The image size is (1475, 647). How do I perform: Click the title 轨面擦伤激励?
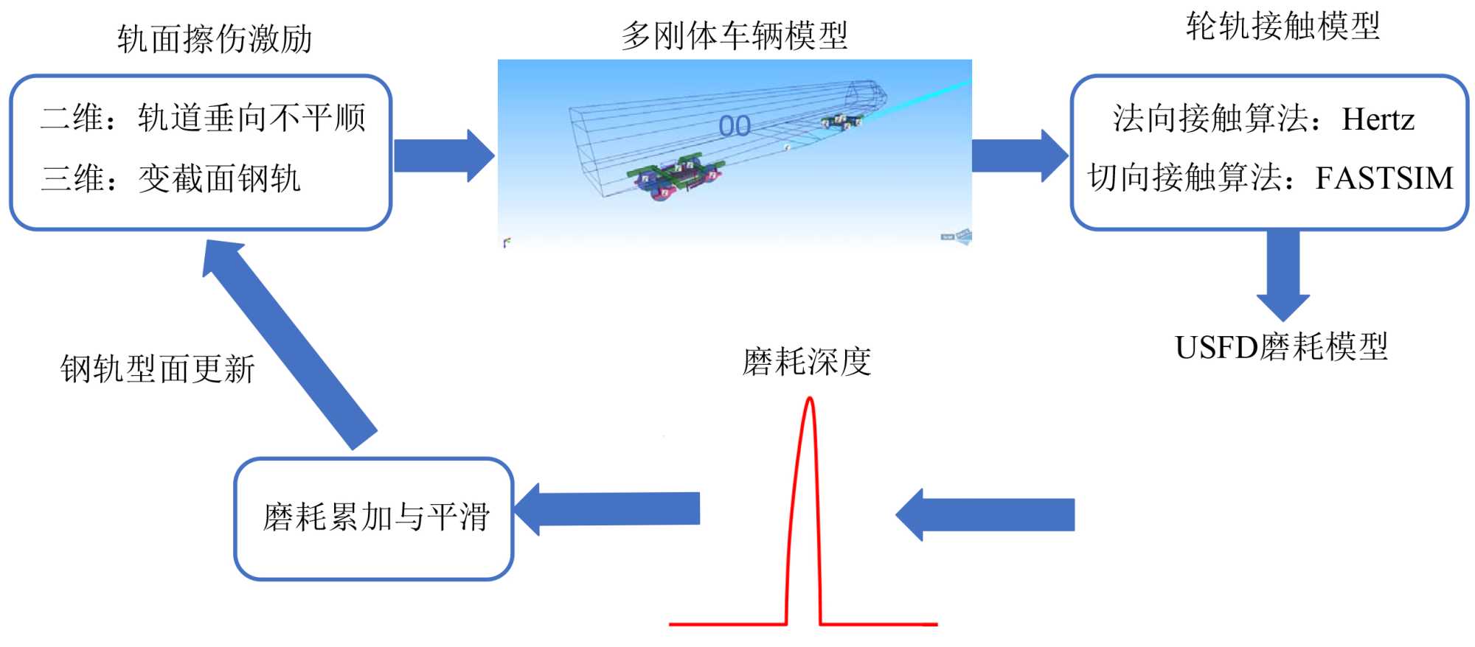coord(215,39)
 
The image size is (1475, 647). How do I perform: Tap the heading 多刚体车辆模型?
coord(734,35)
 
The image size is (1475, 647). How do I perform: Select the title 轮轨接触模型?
coord(1283,27)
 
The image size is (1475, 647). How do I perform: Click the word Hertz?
coord(1378,119)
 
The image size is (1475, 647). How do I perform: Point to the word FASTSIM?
coord(1384,178)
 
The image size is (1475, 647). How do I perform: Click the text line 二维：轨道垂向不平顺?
coord(203,118)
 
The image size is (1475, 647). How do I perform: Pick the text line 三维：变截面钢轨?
coord(171,178)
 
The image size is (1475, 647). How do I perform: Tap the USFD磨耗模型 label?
coord(1281,347)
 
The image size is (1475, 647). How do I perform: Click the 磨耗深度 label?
coord(806,362)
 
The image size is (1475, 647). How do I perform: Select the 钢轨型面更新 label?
coord(157,369)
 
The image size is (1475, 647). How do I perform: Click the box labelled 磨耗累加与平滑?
coord(374,518)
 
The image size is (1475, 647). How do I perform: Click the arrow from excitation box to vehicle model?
coord(443,155)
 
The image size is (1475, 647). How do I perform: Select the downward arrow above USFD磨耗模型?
coord(1283,273)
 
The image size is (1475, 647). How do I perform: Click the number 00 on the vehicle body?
coord(735,127)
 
